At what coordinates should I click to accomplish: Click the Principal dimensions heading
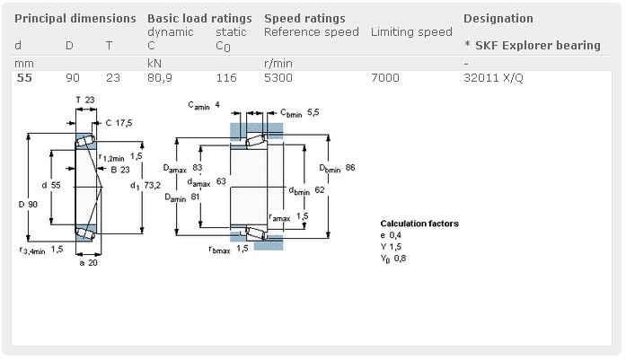(75, 18)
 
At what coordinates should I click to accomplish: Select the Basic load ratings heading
(199, 18)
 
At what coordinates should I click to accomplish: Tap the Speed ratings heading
(304, 18)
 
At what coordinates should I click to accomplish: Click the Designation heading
(498, 18)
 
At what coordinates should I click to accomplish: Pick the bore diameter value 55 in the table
(24, 78)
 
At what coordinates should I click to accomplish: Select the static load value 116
(226, 78)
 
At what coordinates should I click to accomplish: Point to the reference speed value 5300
(278, 78)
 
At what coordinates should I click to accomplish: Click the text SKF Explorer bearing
(537, 45)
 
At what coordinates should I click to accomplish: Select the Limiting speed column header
(411, 32)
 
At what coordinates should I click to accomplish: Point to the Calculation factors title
(419, 224)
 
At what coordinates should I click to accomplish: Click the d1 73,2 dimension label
(145, 186)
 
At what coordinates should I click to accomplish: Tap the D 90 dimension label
(28, 205)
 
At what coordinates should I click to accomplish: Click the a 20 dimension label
(88, 263)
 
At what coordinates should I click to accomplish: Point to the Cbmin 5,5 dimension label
(299, 113)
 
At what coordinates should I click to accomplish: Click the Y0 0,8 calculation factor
(393, 259)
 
